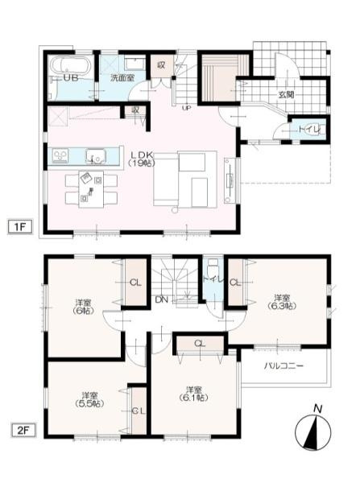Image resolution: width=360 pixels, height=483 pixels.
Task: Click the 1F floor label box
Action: click(x=20, y=226)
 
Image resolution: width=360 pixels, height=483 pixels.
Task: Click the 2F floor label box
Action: click(x=20, y=430)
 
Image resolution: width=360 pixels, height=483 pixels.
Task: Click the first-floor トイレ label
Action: click(x=309, y=128)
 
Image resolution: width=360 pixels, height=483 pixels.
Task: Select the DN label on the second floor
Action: click(x=161, y=299)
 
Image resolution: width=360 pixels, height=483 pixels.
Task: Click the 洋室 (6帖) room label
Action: click(x=83, y=306)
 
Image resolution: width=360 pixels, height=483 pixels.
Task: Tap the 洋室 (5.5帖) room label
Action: click(x=91, y=399)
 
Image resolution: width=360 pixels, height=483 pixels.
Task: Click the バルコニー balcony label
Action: click(x=283, y=365)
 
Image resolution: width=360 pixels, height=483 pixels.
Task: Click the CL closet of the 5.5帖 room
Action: click(x=138, y=411)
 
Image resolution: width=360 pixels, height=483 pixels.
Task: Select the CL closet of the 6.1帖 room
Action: click(x=198, y=345)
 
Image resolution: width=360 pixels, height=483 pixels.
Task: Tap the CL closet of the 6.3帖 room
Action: click(x=235, y=283)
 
